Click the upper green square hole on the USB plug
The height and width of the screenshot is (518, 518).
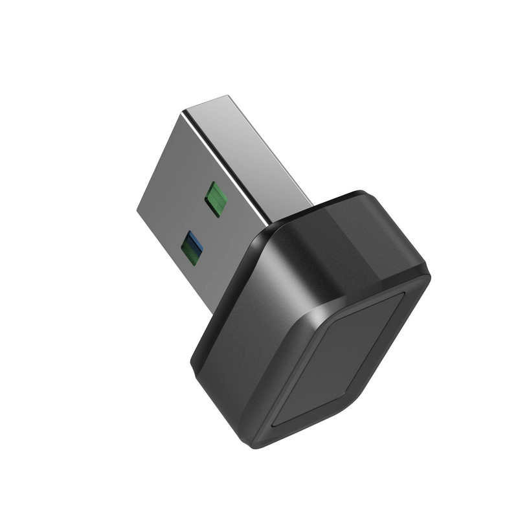pos(215,198)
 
